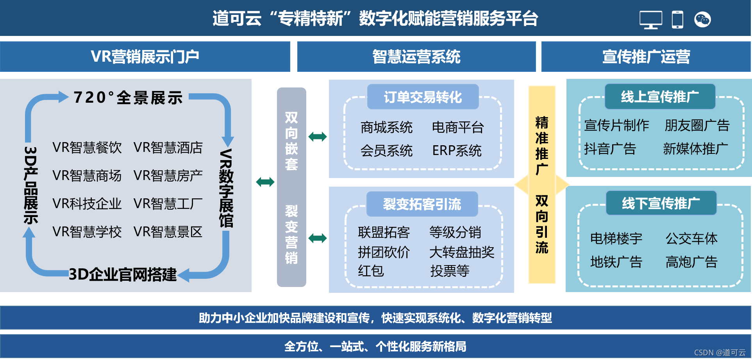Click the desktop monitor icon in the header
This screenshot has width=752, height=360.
pos(650,20)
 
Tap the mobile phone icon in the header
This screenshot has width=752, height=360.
pos(677,20)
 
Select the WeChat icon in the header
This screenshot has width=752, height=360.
pos(702,20)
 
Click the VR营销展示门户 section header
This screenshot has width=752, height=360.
pos(145,57)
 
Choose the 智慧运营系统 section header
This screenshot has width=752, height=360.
pos(416,57)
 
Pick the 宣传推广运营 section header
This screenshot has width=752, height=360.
pos(646,57)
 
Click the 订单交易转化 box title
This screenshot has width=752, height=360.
pos(423,97)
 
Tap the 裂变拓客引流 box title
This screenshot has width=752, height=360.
pos(422,204)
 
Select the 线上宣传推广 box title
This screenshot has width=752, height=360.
pos(660,96)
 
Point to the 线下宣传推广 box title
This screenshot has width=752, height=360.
pos(661,203)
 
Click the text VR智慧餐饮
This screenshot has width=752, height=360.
pos(87,148)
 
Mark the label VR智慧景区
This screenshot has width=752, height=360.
pos(168,232)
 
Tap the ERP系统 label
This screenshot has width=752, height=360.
pos(457,151)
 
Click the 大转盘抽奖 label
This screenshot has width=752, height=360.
pos(462,252)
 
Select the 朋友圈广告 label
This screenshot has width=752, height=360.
pos(697,125)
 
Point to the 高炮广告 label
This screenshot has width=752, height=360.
pos(691,262)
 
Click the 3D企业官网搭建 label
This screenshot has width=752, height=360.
pos(123,274)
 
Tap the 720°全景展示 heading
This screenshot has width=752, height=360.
pos(128,98)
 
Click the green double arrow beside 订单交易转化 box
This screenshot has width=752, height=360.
pos(318,137)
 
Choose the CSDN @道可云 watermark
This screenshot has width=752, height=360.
pos(720,353)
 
